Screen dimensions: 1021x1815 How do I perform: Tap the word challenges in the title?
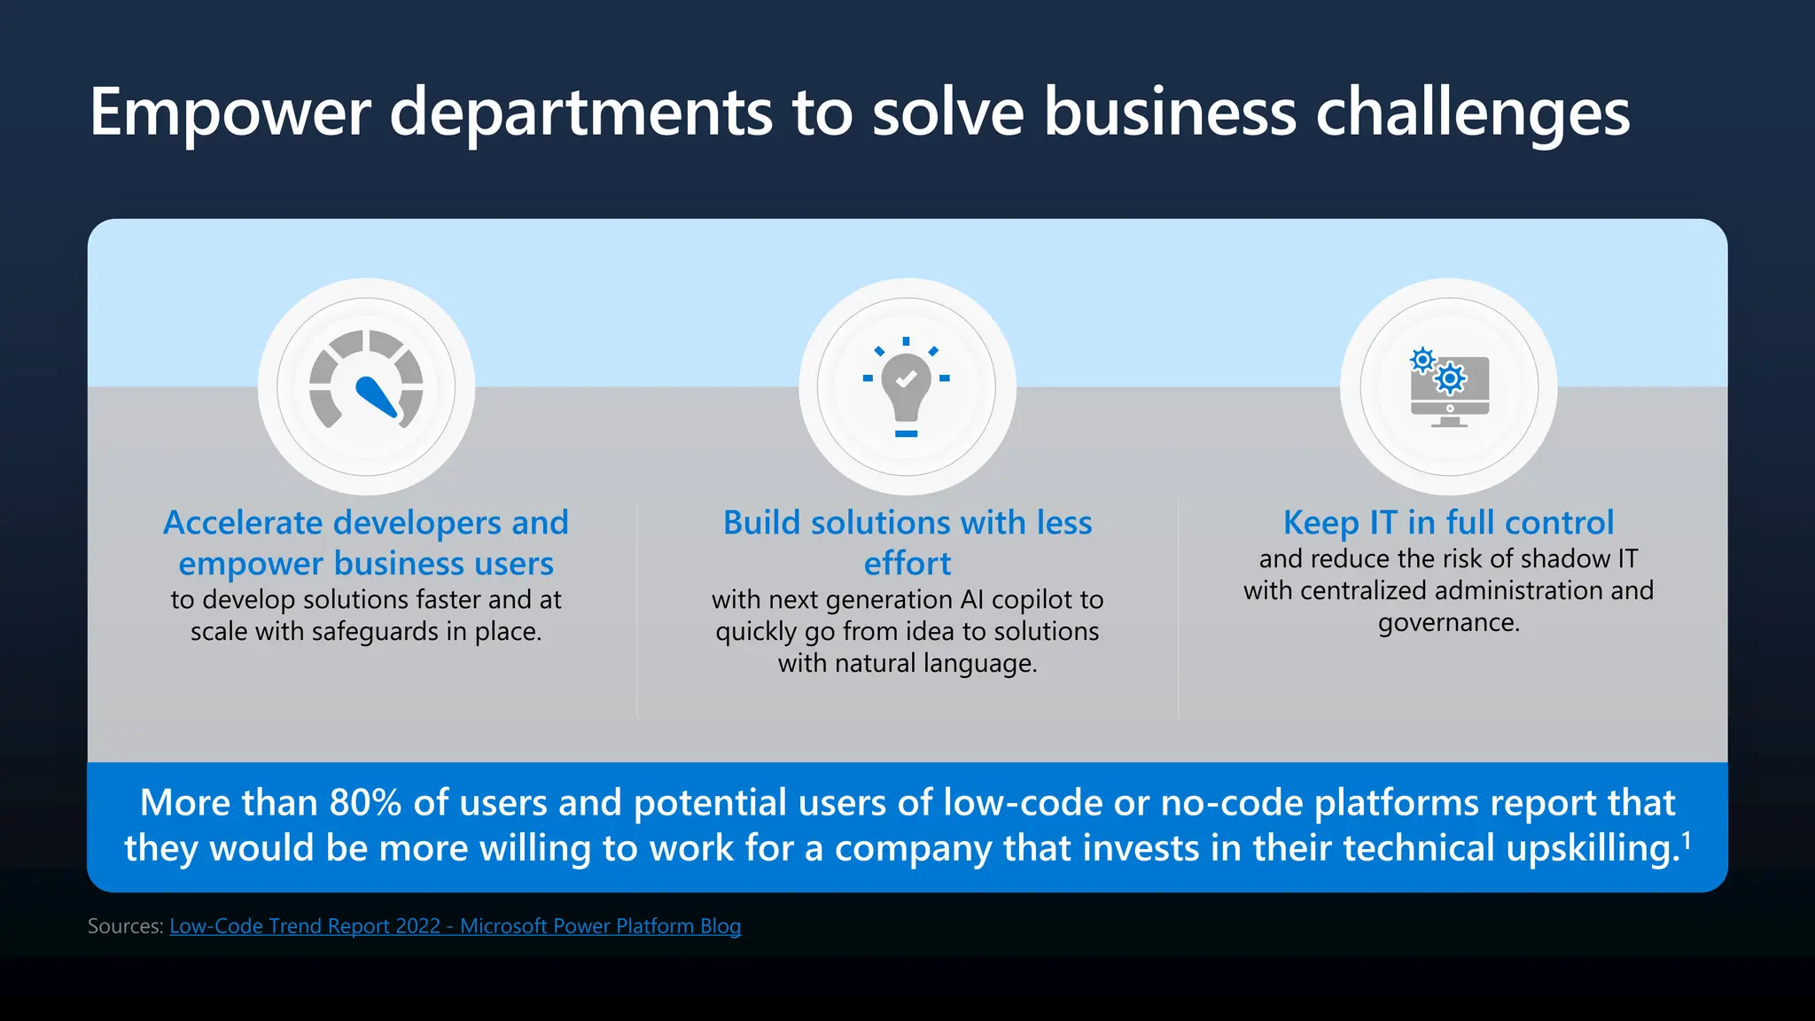1472,113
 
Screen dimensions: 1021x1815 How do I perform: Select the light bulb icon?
906,386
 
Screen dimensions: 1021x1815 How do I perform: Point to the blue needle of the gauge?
377,396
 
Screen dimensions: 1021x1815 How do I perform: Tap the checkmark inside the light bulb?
906,379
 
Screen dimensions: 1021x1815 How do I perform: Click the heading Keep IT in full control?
1448,522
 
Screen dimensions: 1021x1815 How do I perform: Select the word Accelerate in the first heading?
243,523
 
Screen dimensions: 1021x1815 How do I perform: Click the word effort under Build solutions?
907,564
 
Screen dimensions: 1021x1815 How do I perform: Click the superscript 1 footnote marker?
1686,838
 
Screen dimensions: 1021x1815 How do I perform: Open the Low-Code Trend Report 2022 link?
455,926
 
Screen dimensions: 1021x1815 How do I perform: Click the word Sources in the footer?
125,926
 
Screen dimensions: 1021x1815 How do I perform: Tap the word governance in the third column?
1448,623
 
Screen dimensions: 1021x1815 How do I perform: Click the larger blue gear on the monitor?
1451,379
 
